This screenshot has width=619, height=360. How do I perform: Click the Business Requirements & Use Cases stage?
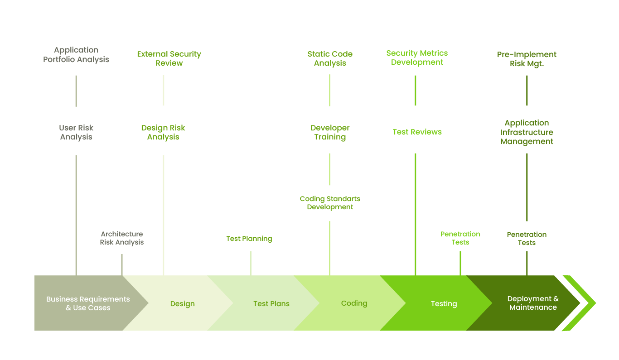coord(88,303)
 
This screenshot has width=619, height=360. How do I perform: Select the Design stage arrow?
coord(182,303)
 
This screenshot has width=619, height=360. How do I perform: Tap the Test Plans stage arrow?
coord(271,303)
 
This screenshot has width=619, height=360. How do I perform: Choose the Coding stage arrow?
coord(354,303)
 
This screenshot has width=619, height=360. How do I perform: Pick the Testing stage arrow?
coord(444,303)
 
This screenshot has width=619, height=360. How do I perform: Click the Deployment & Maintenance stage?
coord(532,303)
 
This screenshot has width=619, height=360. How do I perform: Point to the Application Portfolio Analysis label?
coord(76,55)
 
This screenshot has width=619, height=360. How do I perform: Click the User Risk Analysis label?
coord(76,132)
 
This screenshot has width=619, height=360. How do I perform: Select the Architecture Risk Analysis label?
coord(122,238)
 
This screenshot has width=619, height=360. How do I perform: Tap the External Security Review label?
coord(169,58)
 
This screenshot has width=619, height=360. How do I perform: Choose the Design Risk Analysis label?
coord(163,132)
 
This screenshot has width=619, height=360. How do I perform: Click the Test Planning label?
coord(249,239)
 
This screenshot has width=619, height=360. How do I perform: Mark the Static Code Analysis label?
coord(330,58)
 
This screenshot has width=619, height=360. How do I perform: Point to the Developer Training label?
coord(330,132)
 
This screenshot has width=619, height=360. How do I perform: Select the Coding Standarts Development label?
coord(330,203)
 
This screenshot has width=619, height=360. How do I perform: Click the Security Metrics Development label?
coord(417,58)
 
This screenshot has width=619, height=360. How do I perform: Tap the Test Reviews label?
coord(417,132)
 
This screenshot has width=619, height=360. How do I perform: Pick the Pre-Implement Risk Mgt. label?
coord(527,59)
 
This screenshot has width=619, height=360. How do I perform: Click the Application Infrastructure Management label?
coord(527,132)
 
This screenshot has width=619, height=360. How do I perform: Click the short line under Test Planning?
coord(251,263)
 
